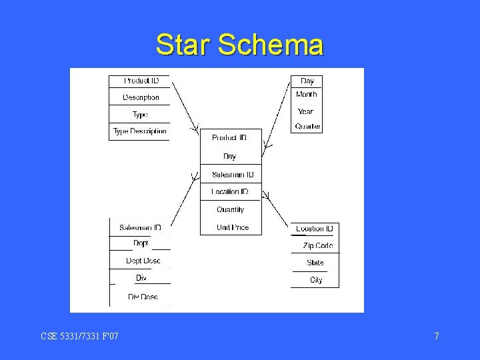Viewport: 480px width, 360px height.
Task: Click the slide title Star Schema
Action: [239, 45]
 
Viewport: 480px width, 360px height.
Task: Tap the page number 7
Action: [437, 336]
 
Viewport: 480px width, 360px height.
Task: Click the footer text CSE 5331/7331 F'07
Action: [79, 336]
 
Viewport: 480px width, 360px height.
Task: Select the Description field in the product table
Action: [141, 97]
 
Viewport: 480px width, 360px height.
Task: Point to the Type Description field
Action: [140, 131]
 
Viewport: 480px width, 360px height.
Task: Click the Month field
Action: [307, 95]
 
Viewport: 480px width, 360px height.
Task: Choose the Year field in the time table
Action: [306, 111]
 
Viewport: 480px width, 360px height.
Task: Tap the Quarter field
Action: [307, 127]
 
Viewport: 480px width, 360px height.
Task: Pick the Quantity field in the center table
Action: [231, 209]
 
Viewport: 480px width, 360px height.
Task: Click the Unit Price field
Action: [232, 227]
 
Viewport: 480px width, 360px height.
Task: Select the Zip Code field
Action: [317, 246]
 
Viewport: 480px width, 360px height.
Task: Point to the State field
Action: [315, 263]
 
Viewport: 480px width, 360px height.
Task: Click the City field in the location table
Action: [316, 280]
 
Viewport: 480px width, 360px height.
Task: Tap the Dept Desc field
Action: [143, 261]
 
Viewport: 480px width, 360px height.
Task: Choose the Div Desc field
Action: [143, 297]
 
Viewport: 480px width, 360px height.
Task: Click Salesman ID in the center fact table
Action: [233, 175]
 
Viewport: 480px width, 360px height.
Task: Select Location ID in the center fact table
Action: [230, 192]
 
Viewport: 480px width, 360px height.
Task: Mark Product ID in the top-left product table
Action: [141, 81]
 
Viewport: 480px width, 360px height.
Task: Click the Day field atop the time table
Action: [307, 81]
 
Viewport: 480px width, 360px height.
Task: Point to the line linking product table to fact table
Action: [185, 105]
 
